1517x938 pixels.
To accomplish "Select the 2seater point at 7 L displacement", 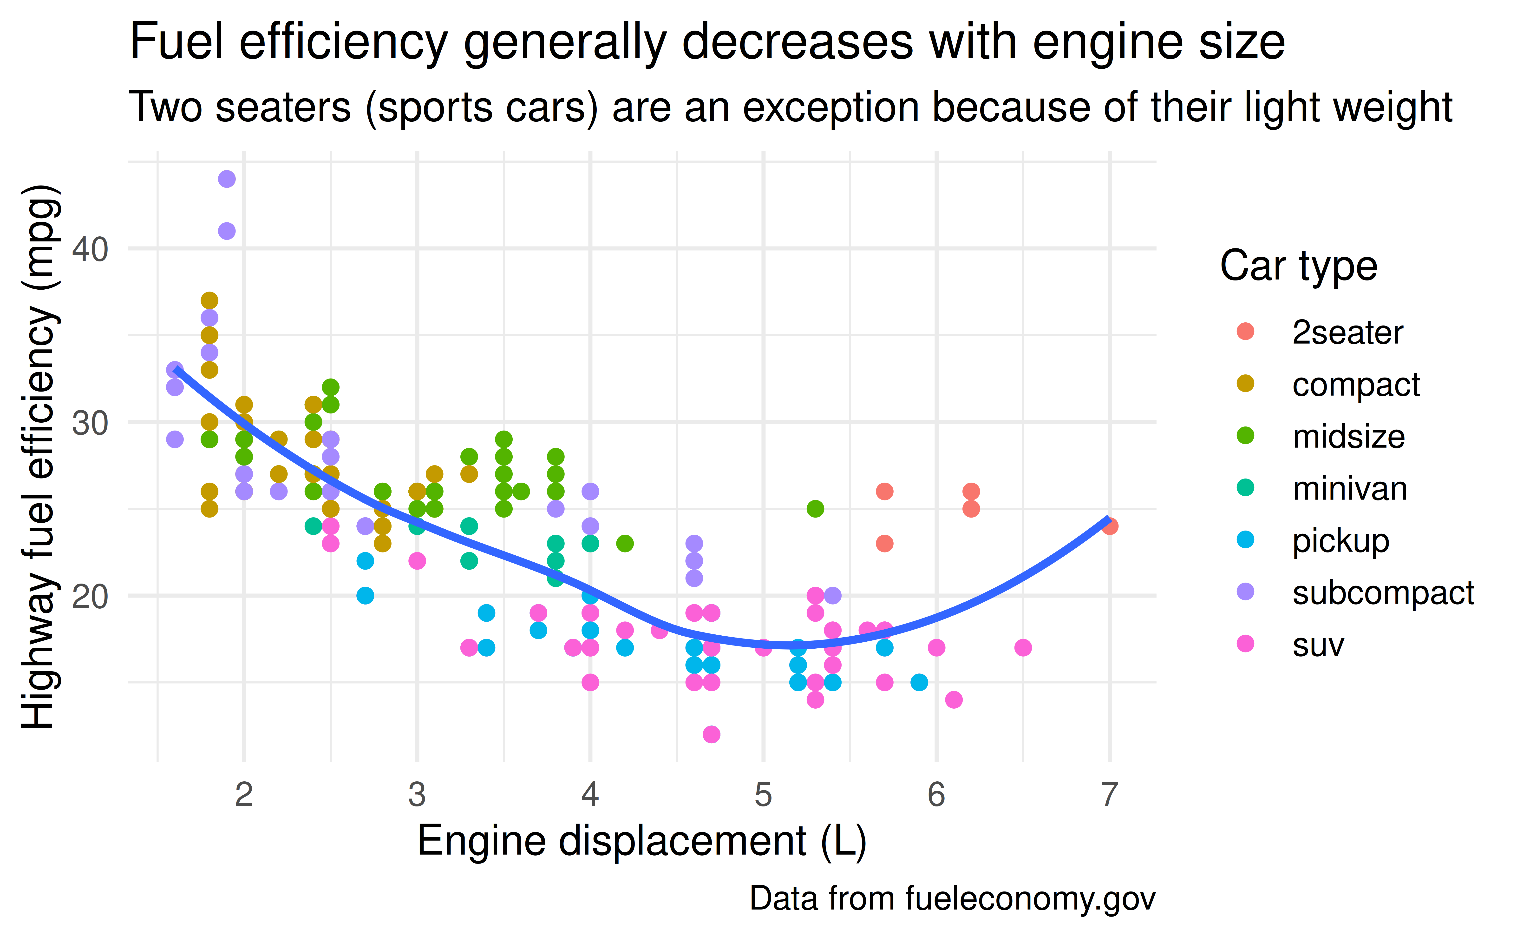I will pos(1110,526).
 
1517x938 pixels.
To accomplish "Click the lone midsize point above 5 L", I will pos(815,509).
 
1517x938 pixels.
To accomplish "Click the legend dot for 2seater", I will pos(1245,331).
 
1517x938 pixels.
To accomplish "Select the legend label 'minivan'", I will pos(1350,489).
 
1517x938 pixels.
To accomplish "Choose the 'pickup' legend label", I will pos(1340,541).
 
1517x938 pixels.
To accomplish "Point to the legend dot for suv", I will pos(1245,644).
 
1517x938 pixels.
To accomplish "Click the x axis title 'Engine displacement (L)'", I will pos(642,842).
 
